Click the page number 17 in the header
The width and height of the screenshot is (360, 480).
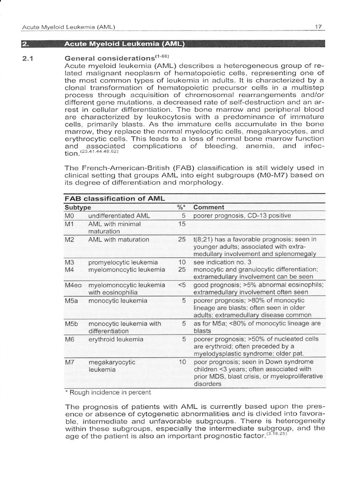pyautogui.click(x=318, y=27)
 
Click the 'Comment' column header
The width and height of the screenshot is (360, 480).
pyautogui.click(x=209, y=207)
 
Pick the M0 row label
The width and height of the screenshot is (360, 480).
pyautogui.click(x=69, y=216)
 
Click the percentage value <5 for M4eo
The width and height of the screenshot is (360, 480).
pyautogui.click(x=182, y=285)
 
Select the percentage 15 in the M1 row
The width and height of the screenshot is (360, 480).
pyautogui.click(x=182, y=224)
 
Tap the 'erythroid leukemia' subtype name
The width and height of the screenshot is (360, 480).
pyautogui.click(x=116, y=339)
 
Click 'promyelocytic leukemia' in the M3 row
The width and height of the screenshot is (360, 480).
pyautogui.click(x=123, y=262)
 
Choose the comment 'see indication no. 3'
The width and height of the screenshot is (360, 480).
pyautogui.click(x=222, y=262)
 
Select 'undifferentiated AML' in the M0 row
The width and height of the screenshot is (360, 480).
pyautogui.click(x=119, y=216)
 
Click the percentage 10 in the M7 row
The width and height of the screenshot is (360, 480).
pyautogui.click(x=182, y=362)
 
